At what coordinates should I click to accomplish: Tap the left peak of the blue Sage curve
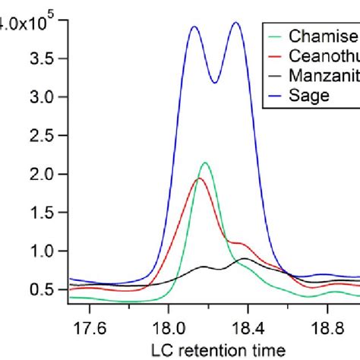194,27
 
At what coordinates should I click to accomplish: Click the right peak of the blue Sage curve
235,23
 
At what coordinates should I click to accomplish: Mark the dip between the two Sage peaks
215,83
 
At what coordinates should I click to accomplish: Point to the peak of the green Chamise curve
204,163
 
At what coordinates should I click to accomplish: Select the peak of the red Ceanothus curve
199,178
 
